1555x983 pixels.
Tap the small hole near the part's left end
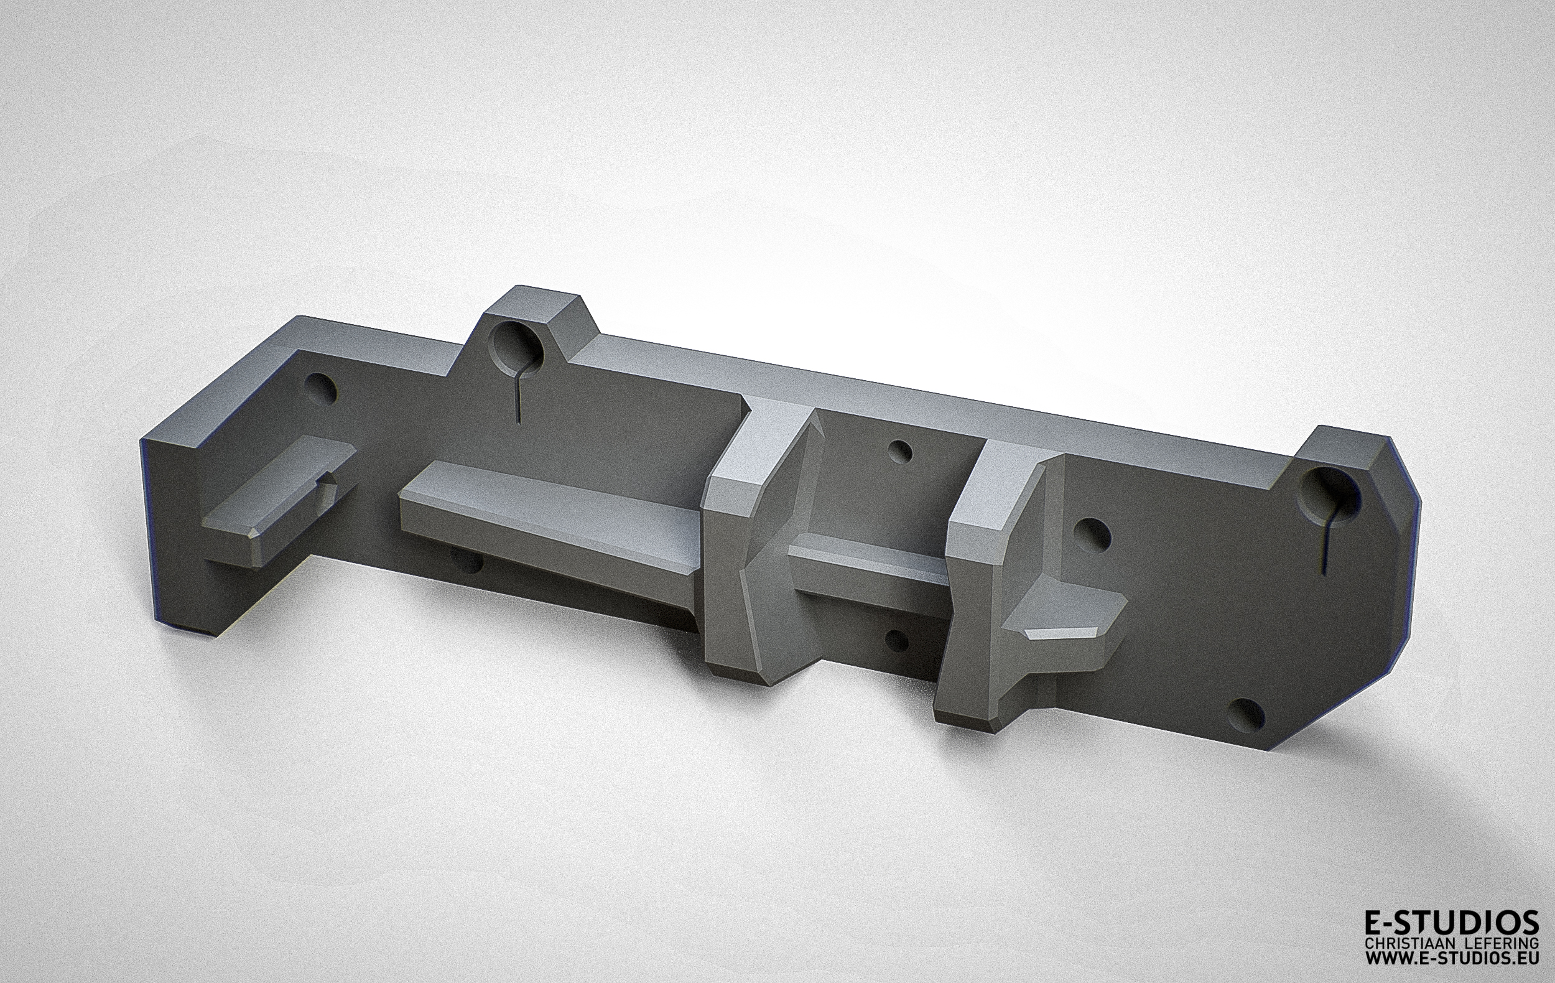[321, 388]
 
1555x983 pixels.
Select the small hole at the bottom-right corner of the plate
[1248, 715]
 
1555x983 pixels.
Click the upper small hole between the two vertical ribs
[899, 452]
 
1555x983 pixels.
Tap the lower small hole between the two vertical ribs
[896, 641]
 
